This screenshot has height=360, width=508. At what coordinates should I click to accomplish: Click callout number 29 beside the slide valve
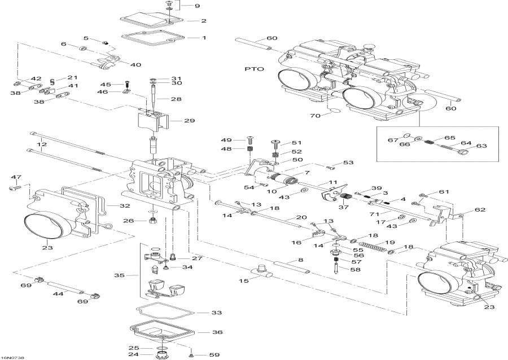190,120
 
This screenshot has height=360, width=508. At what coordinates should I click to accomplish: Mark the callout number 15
244,281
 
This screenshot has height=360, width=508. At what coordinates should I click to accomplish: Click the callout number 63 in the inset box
480,146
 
